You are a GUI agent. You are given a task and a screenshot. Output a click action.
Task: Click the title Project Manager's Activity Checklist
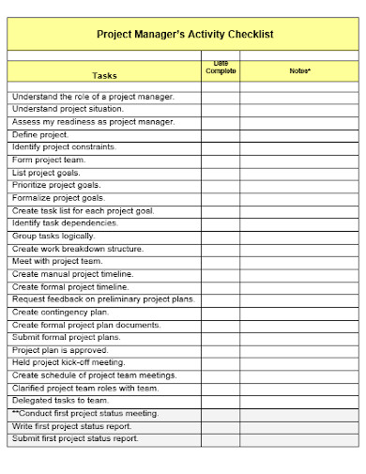coord(185,34)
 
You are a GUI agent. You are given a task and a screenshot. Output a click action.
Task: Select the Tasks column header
coord(105,75)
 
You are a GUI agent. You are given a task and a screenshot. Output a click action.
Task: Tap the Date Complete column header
coord(221,68)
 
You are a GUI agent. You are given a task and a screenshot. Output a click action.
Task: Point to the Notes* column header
coord(299,70)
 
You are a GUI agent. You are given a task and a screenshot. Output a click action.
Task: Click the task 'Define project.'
coord(40,134)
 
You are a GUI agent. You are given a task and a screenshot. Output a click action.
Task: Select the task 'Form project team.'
coord(48,160)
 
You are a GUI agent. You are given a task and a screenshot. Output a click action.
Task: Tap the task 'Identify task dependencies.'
coord(65,223)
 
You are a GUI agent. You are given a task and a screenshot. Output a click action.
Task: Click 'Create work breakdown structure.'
coord(78,249)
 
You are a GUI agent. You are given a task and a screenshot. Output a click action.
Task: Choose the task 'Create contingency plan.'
coord(60,312)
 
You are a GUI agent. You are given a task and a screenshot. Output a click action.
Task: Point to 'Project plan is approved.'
coord(60,350)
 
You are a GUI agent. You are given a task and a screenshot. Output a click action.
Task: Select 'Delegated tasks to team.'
coord(60,400)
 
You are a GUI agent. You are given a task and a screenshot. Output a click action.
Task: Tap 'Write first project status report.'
coord(74,426)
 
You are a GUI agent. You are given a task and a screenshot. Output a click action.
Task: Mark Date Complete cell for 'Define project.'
coord(221,134)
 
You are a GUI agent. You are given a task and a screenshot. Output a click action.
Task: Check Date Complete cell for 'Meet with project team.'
coord(221,261)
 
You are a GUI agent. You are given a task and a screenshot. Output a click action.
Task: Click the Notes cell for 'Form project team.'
coord(299,160)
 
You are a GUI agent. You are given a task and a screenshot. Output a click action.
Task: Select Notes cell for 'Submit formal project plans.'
coord(299,337)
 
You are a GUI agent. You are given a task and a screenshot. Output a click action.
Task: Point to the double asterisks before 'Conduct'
coord(16,413)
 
